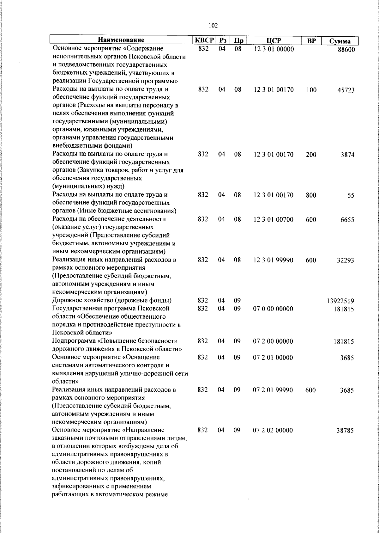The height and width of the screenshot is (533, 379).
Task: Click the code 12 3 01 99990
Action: point(274,260)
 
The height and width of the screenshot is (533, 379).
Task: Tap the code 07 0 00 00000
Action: point(273,309)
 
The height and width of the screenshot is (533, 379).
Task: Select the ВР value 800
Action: point(311,195)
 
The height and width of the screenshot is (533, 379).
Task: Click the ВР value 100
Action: point(311,90)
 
